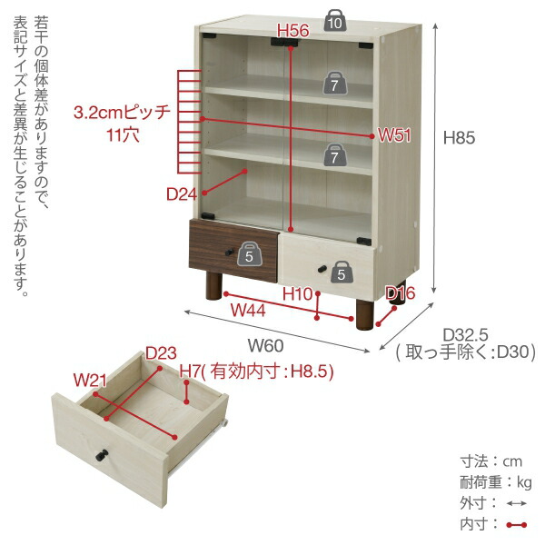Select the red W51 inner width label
395,135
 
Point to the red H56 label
293,31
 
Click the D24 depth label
182,193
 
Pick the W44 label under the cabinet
246,310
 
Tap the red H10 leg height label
297,293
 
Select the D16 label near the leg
401,292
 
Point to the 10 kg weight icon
336,22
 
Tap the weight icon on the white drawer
340,271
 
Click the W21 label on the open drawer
87,378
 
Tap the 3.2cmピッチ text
123,114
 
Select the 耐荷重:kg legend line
495,481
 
